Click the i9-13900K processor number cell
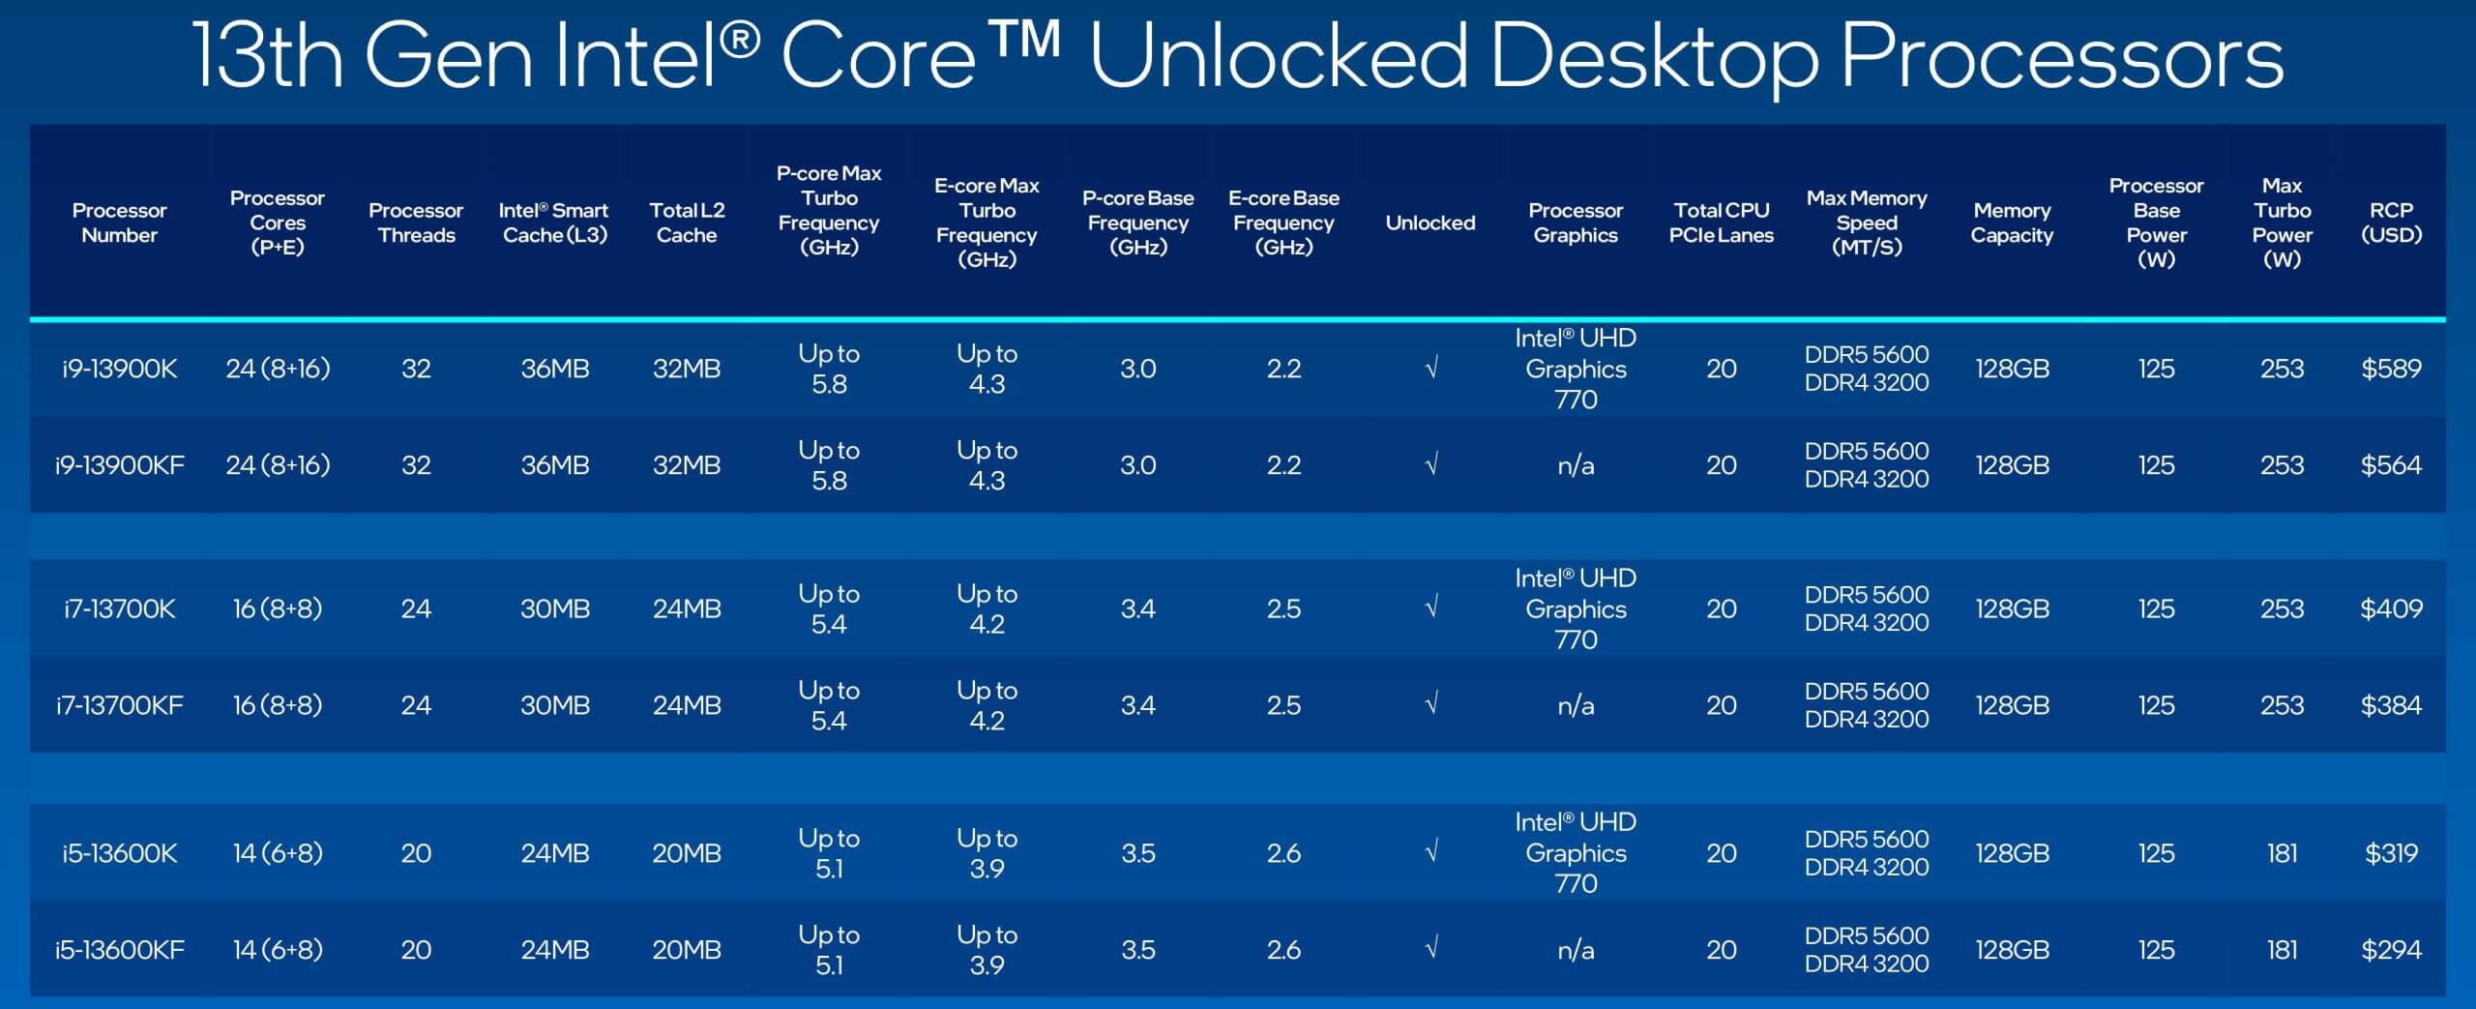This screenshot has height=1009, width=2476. pos(120,369)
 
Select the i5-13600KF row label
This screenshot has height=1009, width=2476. pos(120,950)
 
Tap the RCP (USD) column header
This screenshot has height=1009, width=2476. pos(2391,223)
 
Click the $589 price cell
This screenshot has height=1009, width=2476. pos(2391,369)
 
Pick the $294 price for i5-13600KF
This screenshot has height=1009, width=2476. pos(2391,950)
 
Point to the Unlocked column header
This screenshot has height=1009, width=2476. pos(1430,223)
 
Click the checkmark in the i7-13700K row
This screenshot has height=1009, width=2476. pos(1431,608)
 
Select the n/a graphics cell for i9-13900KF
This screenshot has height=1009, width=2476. pos(1576,465)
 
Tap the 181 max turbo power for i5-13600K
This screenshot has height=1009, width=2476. pos(2282,853)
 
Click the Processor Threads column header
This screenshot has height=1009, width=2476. pos(416,223)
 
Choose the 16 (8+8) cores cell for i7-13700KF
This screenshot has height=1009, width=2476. pos(278,705)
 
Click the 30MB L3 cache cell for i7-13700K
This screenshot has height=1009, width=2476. pos(555,608)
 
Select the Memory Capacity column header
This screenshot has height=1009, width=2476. pos(2012,223)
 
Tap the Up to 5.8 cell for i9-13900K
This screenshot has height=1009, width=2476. pos(829,369)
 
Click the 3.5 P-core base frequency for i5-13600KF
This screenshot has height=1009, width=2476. pos(1138,950)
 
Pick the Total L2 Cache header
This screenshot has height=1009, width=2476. pos(687,223)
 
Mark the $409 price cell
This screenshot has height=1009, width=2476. pos(2391,608)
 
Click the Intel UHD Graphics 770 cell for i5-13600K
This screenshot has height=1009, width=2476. pos(1576,852)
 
